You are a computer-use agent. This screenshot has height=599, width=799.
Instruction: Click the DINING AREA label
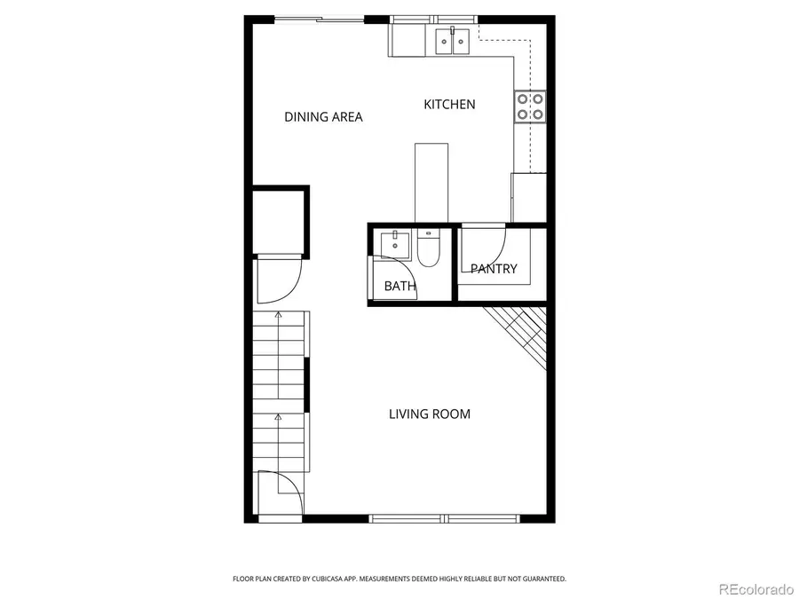click(x=323, y=117)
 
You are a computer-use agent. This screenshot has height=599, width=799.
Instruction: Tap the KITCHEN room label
click(x=449, y=105)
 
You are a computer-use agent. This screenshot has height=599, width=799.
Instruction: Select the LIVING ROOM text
click(x=430, y=414)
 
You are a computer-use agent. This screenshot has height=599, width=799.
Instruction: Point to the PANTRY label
click(x=494, y=269)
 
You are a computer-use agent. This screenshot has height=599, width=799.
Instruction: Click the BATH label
click(x=399, y=286)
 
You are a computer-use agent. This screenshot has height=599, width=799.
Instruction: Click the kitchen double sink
click(x=452, y=41)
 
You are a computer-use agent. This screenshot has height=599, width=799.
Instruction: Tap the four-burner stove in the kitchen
click(x=530, y=106)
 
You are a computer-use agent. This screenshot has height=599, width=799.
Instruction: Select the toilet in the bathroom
click(x=428, y=248)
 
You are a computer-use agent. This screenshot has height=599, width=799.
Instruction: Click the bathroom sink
click(x=392, y=242)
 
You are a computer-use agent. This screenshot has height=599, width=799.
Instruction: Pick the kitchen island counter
click(x=431, y=182)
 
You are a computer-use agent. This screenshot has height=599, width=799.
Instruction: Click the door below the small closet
click(x=278, y=279)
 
